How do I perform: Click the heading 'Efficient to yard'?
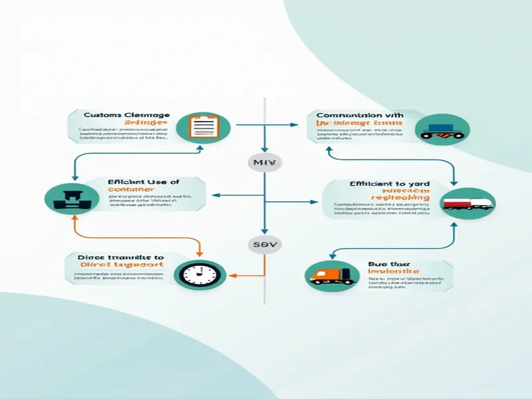coord(389,184)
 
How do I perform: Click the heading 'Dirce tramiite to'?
coord(114,257)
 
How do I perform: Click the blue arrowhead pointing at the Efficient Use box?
coord(214,196)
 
